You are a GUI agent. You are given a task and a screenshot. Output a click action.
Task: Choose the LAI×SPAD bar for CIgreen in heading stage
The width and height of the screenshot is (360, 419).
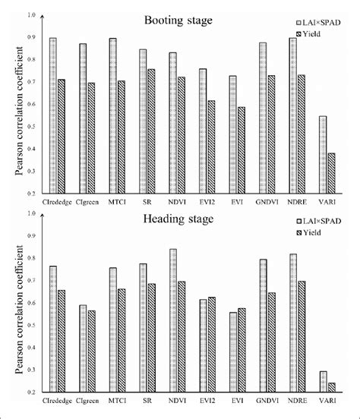pyautogui.click(x=83, y=348)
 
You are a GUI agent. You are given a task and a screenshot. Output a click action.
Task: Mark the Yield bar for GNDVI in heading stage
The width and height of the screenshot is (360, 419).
pyautogui.click(x=271, y=342)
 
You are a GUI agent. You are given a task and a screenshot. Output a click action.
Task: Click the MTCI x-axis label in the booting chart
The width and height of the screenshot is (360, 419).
pyautogui.click(x=116, y=203)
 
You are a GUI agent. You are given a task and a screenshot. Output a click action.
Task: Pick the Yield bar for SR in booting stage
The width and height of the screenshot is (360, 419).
pyautogui.click(x=151, y=131)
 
